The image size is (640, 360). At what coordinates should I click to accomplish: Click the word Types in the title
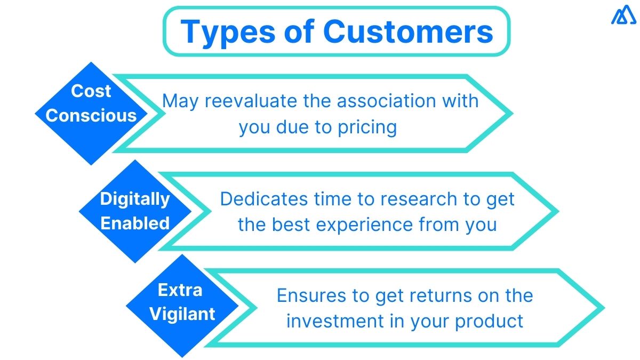click(x=223, y=32)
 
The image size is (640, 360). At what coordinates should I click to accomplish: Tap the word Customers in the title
click(x=408, y=32)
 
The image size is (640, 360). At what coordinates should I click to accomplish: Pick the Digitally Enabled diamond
click(x=135, y=211)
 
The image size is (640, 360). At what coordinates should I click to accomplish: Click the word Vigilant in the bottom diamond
click(x=182, y=314)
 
